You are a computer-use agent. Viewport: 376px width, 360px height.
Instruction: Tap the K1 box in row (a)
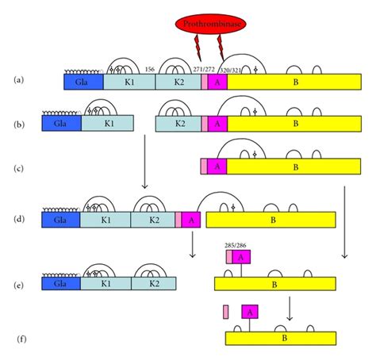(x=129, y=81)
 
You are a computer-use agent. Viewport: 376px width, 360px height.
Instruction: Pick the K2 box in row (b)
(x=179, y=124)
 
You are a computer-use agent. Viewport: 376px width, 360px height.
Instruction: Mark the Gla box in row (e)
(x=60, y=281)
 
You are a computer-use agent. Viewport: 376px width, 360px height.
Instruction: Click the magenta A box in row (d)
(x=192, y=220)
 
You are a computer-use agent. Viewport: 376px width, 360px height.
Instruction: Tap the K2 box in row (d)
(x=152, y=220)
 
